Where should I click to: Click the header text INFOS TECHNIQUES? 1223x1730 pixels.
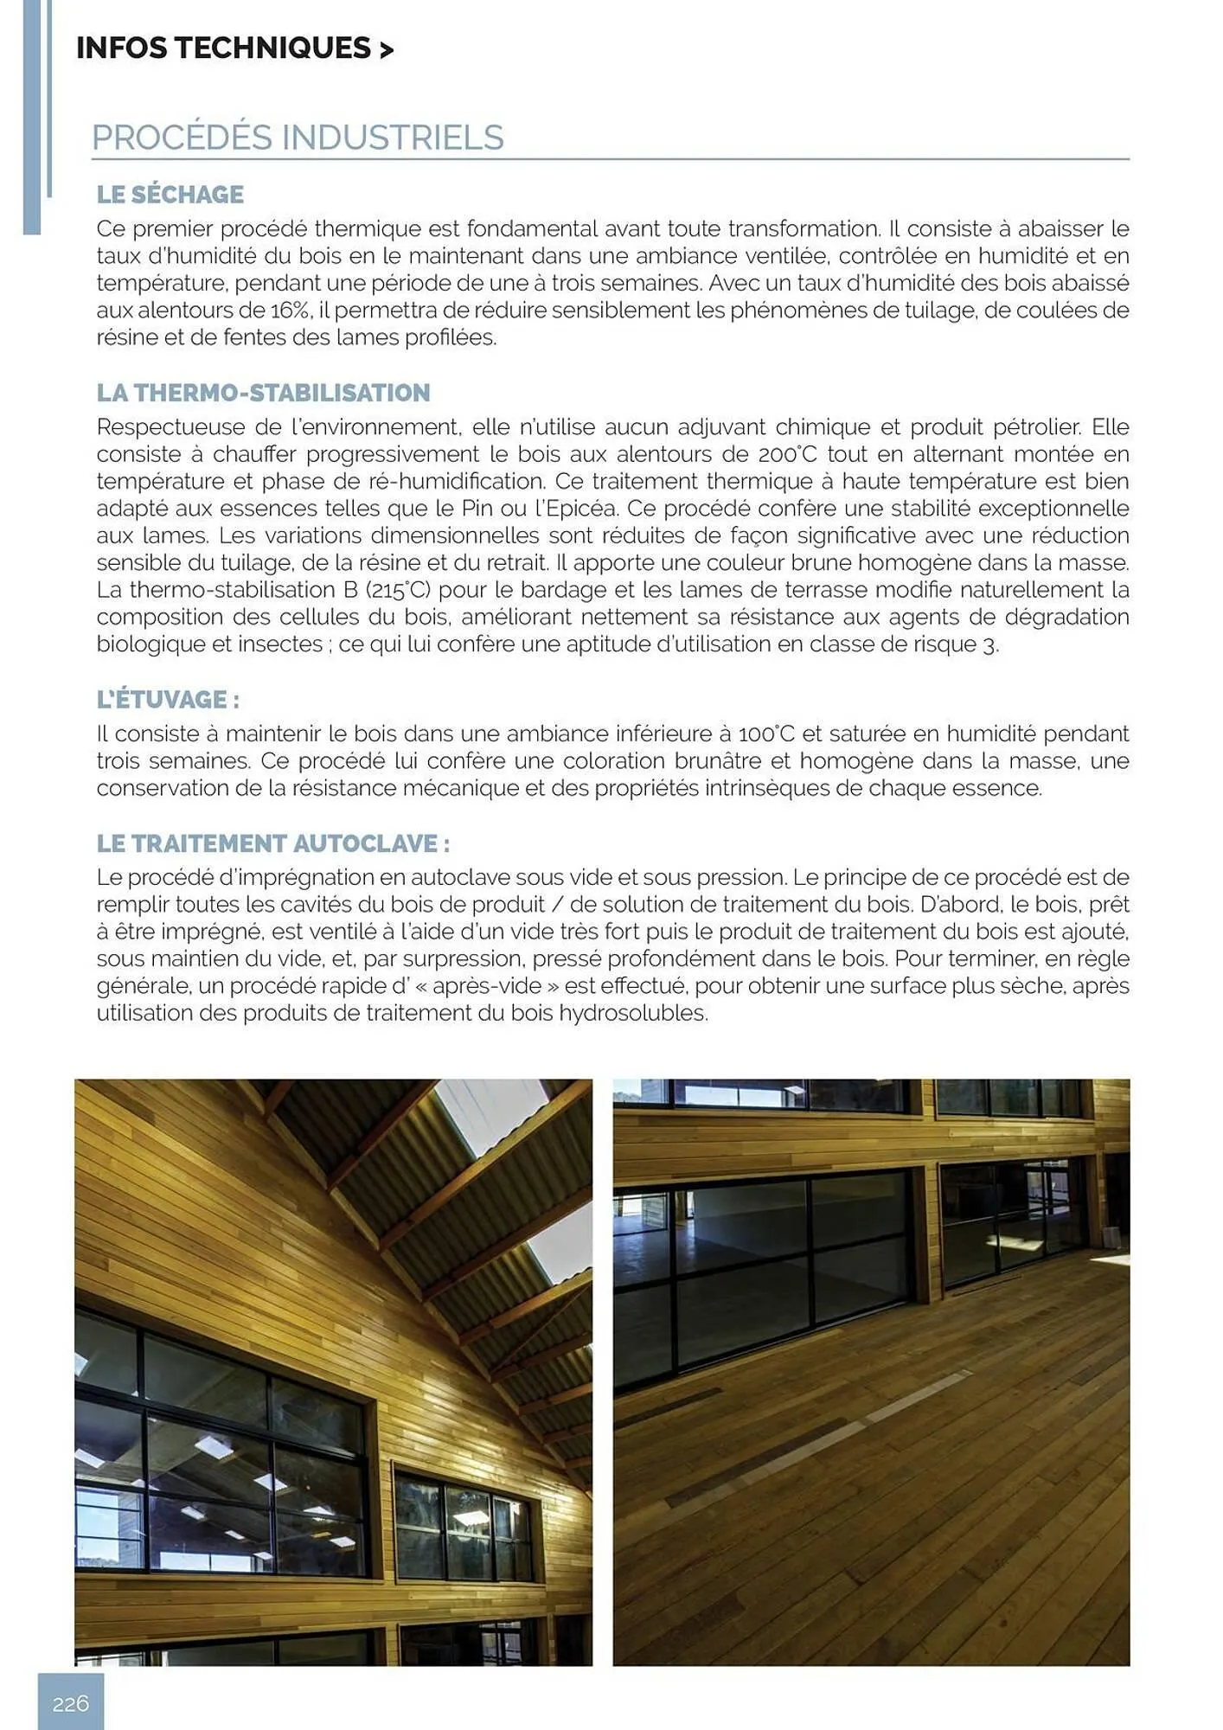(223, 48)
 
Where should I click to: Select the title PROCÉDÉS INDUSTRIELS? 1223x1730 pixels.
(298, 138)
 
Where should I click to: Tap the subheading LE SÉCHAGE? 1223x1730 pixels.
(170, 195)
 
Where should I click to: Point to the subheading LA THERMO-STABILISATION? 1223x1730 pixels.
(263, 393)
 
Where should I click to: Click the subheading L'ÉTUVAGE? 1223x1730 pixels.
(168, 699)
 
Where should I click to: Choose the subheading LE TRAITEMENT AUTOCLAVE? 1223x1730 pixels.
(273, 843)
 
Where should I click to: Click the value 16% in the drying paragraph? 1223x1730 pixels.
(291, 311)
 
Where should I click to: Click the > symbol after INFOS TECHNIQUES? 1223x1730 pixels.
(386, 50)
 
